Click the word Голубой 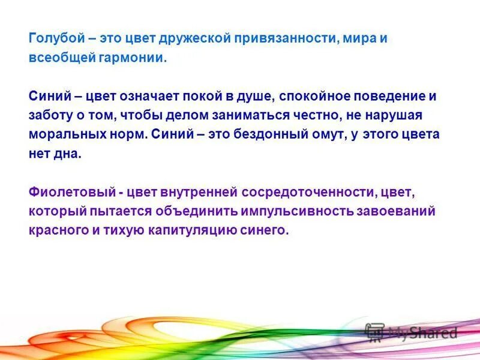tap(52, 39)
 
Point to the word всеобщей tap(56, 59)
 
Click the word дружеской tap(196, 39)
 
